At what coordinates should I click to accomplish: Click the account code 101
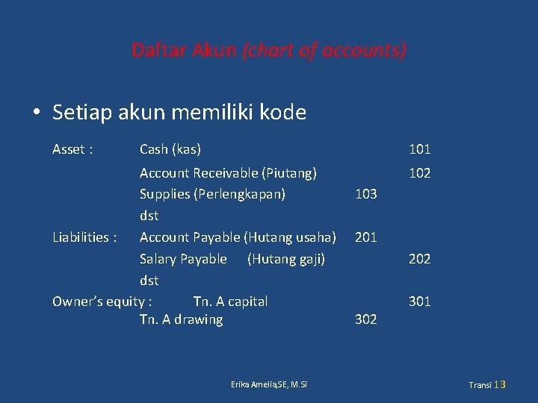click(x=419, y=149)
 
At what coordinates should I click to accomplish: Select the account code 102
click(x=419, y=173)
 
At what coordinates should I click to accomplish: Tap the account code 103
click(x=366, y=194)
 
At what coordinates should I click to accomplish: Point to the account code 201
click(x=366, y=237)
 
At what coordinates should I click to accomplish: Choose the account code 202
click(x=419, y=259)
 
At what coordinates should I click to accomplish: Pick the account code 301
click(x=419, y=302)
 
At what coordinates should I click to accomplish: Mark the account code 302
click(x=366, y=319)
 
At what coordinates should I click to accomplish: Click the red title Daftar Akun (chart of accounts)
click(x=269, y=51)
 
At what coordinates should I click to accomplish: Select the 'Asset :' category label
click(x=72, y=149)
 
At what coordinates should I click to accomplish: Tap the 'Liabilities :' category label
click(x=84, y=237)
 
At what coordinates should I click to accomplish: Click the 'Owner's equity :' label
click(x=102, y=302)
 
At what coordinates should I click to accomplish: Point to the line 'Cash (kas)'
click(x=170, y=149)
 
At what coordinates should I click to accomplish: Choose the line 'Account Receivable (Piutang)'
click(x=228, y=173)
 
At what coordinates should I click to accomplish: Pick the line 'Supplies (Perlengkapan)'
click(x=212, y=194)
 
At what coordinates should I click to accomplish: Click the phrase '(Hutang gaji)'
click(x=286, y=259)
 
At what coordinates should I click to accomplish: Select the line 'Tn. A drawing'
click(x=181, y=319)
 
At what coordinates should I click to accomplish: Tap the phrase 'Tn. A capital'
click(x=230, y=302)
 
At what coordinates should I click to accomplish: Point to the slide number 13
click(x=500, y=384)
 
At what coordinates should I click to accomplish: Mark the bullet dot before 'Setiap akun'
click(x=36, y=113)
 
